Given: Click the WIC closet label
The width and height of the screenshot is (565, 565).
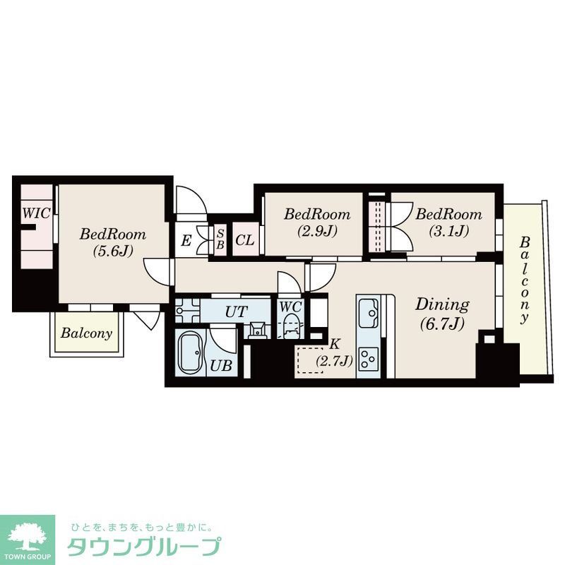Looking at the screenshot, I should tap(35, 213).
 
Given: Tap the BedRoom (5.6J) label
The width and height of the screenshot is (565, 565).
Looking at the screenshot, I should tap(112, 242).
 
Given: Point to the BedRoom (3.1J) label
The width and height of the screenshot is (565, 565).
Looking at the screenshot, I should tap(448, 221).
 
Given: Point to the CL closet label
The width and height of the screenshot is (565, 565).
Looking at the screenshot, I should tap(244, 240).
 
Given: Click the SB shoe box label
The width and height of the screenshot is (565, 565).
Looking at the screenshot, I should tap(220, 239).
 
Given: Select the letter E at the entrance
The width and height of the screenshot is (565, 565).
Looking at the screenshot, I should tap(186, 241).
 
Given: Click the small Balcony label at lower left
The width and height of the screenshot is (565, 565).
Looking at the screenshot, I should tap(85, 333).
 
